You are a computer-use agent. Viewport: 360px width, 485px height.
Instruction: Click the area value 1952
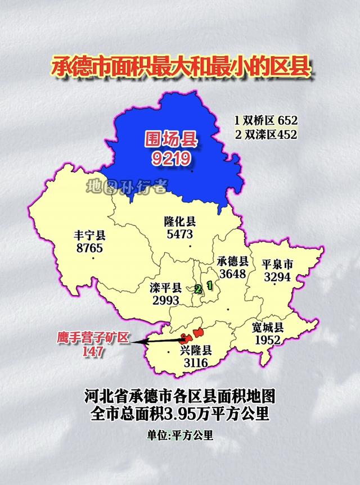(x=267, y=341)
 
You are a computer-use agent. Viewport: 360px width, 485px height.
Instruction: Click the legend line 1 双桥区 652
(x=265, y=120)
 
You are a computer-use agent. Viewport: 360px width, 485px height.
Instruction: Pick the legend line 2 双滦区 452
(x=265, y=134)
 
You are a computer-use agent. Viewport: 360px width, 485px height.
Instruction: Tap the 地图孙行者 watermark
(x=127, y=187)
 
